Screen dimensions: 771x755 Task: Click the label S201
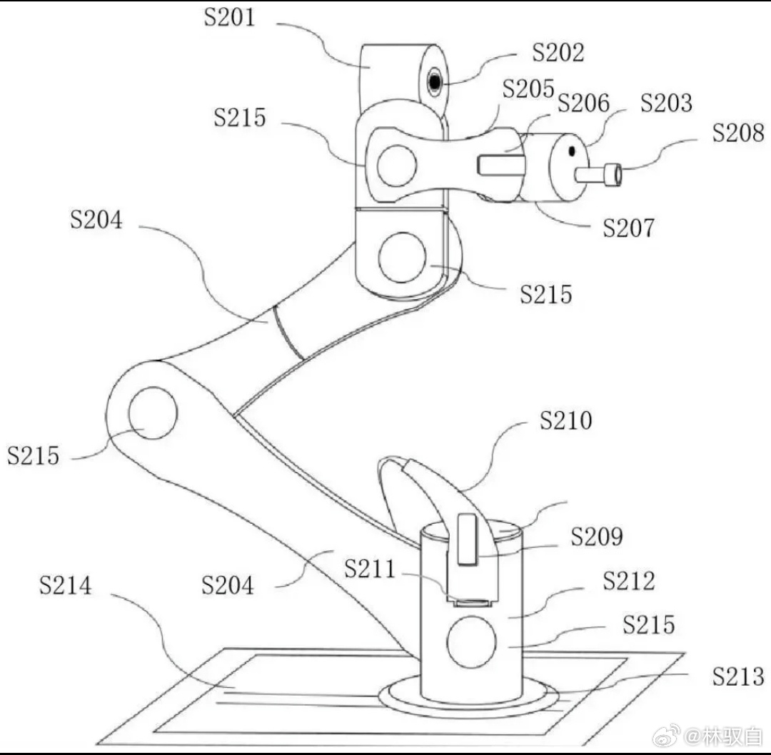(229, 17)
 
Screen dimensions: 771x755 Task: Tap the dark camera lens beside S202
(435, 83)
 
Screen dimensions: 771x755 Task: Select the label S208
(738, 133)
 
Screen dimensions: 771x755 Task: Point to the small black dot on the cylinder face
(572, 151)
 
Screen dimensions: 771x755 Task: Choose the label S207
(628, 228)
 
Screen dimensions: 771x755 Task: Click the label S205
(528, 89)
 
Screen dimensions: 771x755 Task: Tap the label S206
(584, 103)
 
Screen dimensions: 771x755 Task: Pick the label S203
(666, 103)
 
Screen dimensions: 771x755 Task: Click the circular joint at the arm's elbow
(153, 413)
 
